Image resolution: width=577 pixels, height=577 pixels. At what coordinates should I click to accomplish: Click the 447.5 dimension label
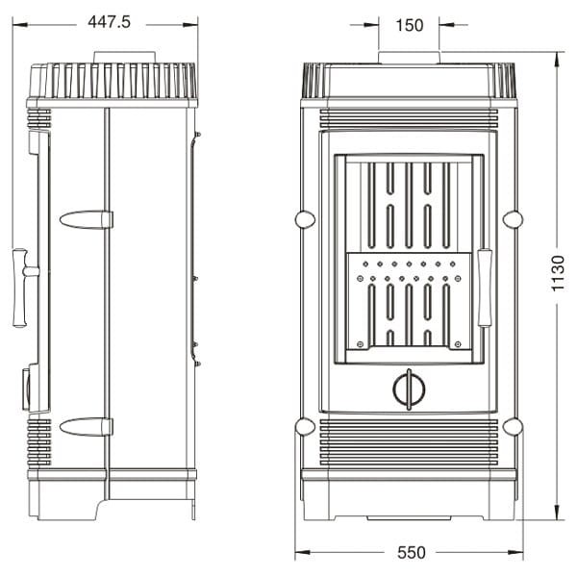tap(108, 22)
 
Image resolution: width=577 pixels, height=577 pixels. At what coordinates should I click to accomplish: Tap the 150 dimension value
tap(410, 26)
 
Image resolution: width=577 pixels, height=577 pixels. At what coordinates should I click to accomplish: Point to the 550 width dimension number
tap(411, 553)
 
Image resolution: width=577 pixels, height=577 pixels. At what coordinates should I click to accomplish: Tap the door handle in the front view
tap(484, 288)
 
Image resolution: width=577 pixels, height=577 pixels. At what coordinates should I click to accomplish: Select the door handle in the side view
tap(20, 288)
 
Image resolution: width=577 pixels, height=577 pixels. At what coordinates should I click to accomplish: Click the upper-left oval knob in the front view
tap(305, 219)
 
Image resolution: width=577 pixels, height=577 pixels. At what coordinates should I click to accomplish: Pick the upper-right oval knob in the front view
tap(513, 219)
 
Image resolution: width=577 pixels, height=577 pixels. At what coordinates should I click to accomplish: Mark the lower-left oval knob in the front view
tap(305, 426)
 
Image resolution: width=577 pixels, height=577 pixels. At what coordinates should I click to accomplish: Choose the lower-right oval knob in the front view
tap(513, 426)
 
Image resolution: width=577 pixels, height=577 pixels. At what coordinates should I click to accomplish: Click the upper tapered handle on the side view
tap(86, 219)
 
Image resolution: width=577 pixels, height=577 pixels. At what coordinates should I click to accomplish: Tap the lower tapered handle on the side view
tap(86, 426)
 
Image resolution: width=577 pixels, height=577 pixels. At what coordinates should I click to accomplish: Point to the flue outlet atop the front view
tap(410, 58)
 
